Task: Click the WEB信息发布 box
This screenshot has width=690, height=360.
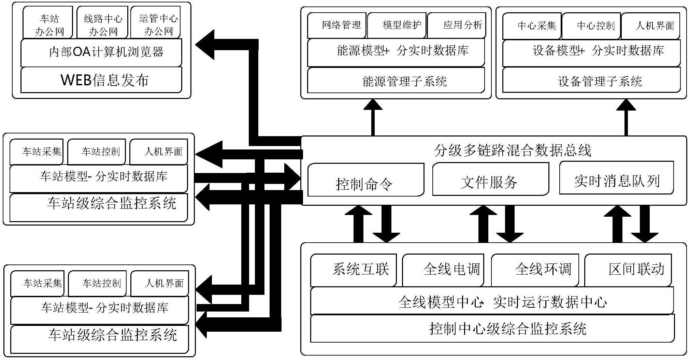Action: pos(101,80)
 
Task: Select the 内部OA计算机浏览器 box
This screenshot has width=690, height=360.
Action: pos(101,52)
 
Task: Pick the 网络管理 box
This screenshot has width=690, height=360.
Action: pos(337,25)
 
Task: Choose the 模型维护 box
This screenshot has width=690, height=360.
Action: pos(397,25)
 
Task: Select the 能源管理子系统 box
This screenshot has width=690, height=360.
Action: pos(396,81)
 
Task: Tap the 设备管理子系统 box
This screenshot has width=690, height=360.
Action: pos(591,81)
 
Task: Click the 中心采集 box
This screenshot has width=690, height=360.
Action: pos(532,26)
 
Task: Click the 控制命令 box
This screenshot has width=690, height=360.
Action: pos(365,180)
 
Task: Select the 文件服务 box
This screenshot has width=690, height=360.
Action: pos(490,179)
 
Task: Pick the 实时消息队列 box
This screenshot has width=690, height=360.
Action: pos(616,178)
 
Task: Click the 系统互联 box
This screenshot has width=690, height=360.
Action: pos(353,270)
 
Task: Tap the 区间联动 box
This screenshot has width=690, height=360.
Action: pos(628,270)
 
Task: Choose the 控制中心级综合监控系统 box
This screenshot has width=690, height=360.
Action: pos(492,329)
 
